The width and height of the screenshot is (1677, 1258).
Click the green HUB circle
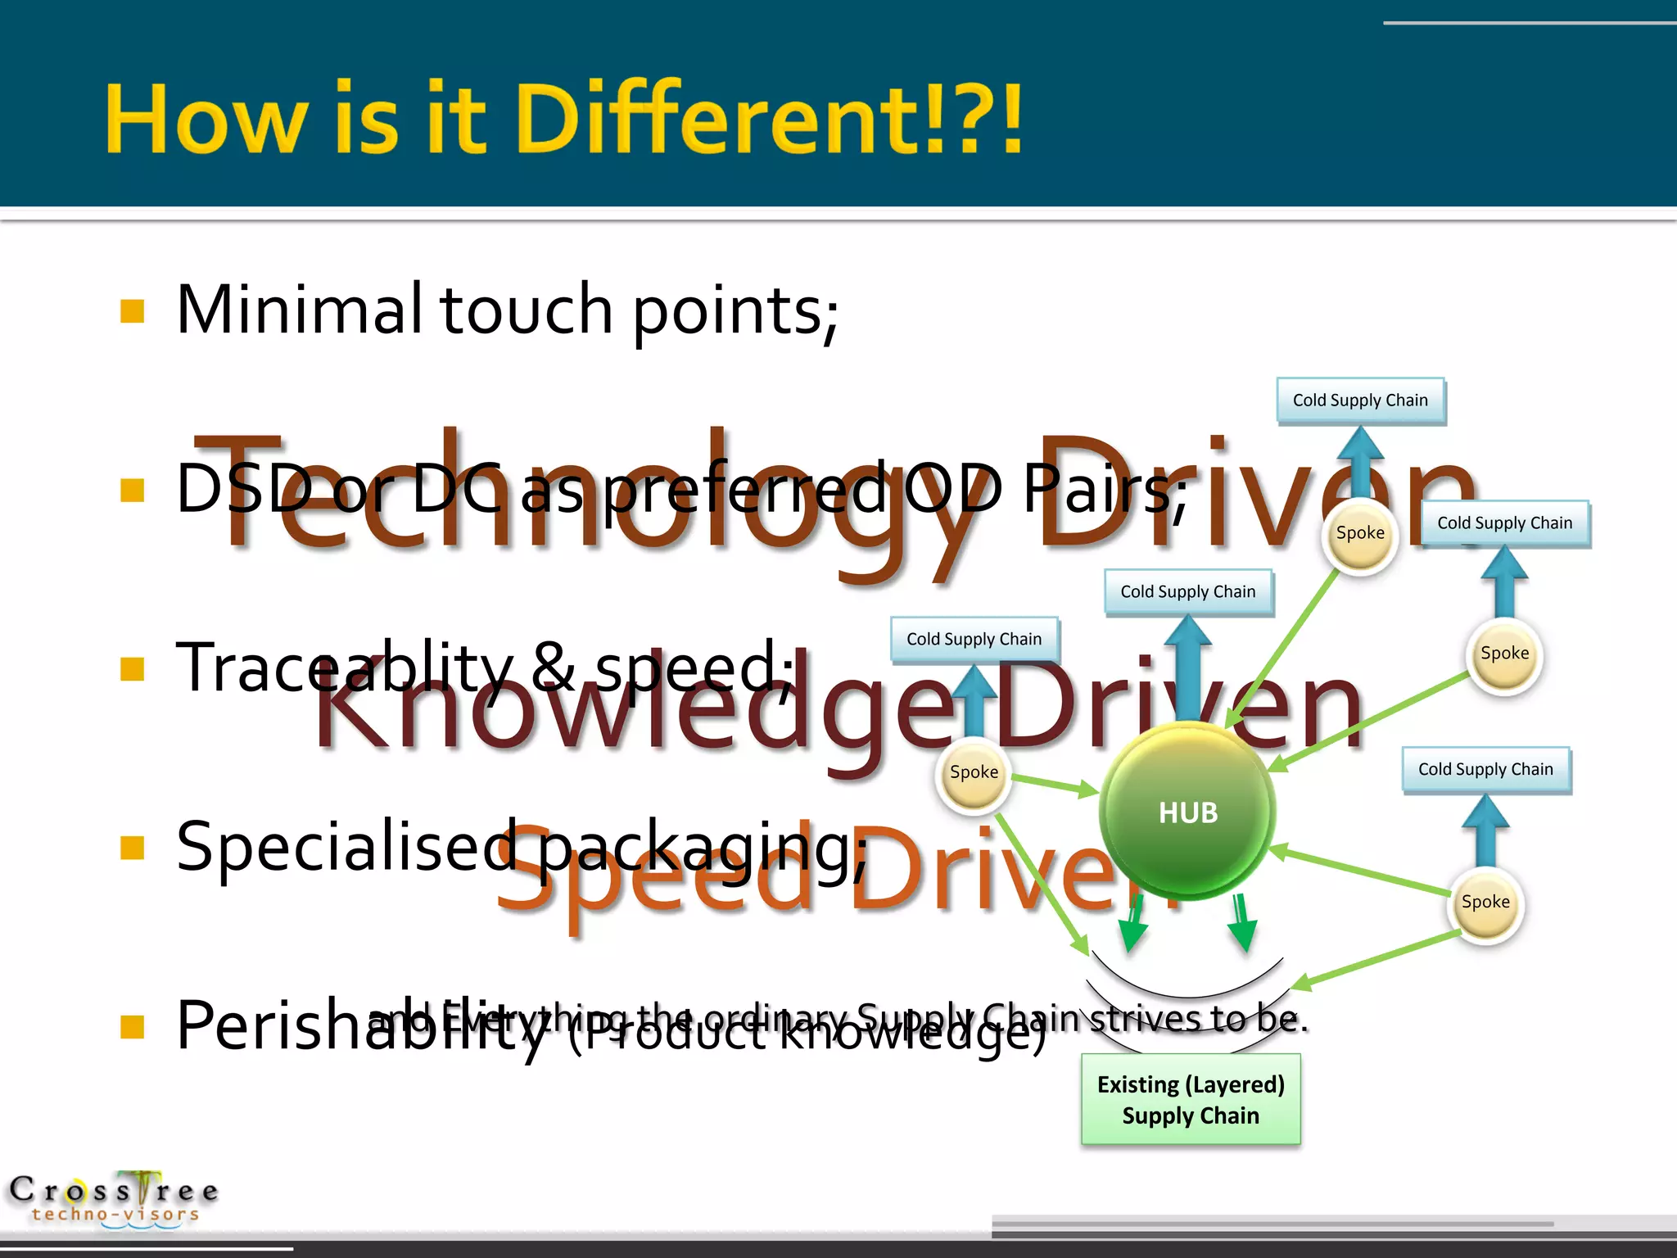click(1187, 811)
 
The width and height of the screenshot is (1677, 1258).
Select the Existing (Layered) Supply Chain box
click(1191, 1099)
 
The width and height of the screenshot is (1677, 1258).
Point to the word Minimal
click(299, 310)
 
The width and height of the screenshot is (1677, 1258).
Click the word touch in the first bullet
click(526, 310)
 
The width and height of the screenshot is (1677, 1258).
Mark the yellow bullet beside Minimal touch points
click(132, 311)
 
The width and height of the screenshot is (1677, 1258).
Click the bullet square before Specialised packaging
click(132, 848)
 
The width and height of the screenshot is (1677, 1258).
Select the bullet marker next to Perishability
click(132, 1026)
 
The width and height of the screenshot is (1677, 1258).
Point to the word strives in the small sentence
click(1146, 1018)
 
